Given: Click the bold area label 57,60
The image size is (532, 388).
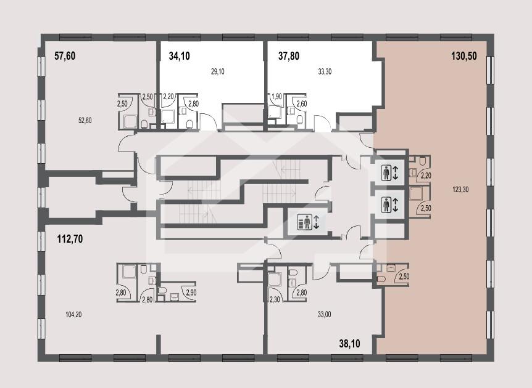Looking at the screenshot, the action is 65,56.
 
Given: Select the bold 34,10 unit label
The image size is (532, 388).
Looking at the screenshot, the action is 179,56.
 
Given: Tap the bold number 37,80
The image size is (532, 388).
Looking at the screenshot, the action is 289,56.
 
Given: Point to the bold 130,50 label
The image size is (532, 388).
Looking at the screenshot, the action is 464,56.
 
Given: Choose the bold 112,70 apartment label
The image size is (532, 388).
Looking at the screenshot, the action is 70,239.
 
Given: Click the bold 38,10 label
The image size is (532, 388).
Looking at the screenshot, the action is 349,344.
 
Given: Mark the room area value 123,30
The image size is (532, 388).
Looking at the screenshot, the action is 460,190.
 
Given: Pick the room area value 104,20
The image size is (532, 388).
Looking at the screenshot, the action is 73,315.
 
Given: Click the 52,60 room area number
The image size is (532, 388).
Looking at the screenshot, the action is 85,120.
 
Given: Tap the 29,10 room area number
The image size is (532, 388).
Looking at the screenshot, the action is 217,71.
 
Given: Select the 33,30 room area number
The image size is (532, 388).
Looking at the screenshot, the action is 325,71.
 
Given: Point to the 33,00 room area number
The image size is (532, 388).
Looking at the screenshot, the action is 325,315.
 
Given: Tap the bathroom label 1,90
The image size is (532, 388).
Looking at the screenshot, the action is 276,97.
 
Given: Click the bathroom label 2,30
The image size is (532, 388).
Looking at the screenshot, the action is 275,299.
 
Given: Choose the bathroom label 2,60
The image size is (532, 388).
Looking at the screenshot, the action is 302,103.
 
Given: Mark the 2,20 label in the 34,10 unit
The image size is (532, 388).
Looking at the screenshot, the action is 168,97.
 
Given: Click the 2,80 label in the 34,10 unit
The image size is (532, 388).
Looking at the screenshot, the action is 193,103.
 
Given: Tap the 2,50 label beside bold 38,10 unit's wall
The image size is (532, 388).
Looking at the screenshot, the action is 404,277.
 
